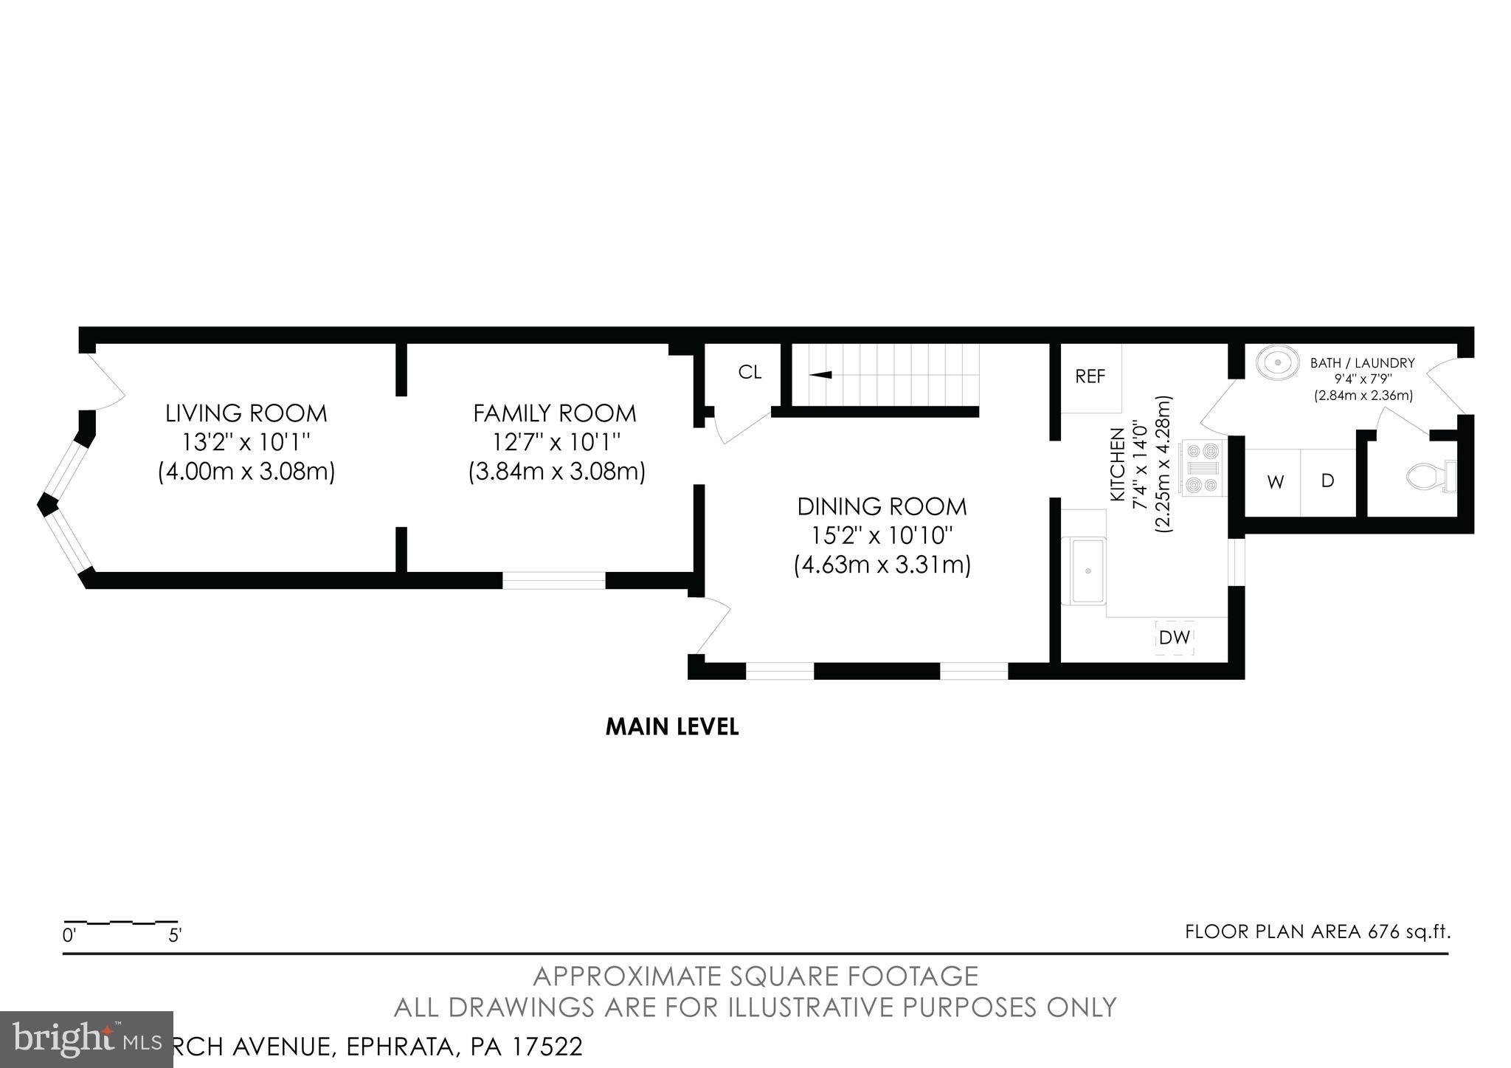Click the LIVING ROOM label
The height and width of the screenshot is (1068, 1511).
click(246, 413)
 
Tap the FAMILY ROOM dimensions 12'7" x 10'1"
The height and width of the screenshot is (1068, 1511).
click(556, 443)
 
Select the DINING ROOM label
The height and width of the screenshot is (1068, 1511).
click(882, 507)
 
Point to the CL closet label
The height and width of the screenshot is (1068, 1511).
click(750, 373)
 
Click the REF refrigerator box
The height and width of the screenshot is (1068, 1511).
click(1090, 377)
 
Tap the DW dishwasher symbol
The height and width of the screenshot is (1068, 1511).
click(1174, 638)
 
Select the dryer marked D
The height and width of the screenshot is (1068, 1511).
click(1327, 482)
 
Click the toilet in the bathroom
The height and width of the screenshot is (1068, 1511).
click(1430, 477)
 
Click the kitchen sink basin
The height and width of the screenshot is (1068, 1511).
click(1087, 571)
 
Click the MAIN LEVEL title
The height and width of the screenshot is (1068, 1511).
click(671, 727)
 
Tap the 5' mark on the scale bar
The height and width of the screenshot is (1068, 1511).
click(175, 936)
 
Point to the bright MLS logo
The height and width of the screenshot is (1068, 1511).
click(86, 1040)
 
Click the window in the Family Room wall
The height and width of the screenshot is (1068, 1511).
click(553, 581)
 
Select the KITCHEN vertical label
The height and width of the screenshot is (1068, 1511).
click(1118, 465)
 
